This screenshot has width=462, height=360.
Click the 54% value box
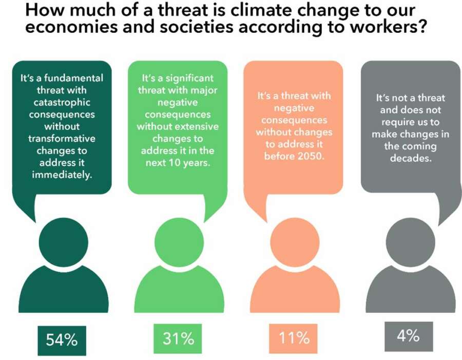(x=62, y=339)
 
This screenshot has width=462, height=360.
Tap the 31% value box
(x=178, y=338)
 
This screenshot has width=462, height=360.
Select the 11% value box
(x=294, y=338)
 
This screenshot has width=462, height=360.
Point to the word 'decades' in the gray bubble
(x=411, y=159)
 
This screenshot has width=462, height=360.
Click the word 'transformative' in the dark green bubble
(x=62, y=139)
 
